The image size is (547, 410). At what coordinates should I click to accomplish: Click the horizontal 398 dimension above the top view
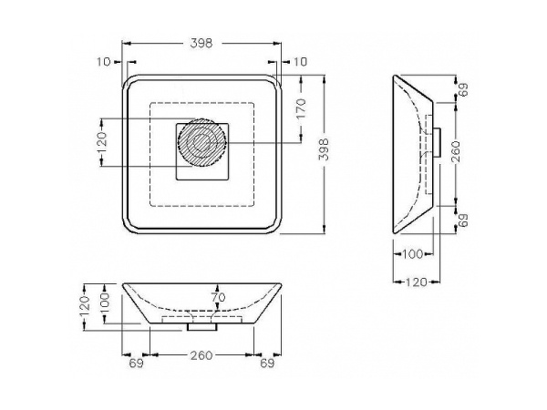tap(201, 43)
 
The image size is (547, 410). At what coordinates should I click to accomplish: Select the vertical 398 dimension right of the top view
tap(325, 149)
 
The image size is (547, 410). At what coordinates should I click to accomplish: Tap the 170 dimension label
tap(301, 108)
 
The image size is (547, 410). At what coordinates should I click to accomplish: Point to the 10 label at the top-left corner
tap(104, 62)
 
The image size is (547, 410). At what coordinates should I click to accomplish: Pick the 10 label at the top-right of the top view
tap(300, 62)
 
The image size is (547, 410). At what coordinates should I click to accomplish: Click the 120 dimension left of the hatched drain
tap(101, 142)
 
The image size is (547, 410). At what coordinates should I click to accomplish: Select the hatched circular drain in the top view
tap(201, 143)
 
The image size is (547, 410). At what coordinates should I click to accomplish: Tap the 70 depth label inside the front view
tap(219, 297)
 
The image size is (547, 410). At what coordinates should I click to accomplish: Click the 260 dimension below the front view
tap(201, 355)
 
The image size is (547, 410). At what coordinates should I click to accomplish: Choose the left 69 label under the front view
tap(137, 364)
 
